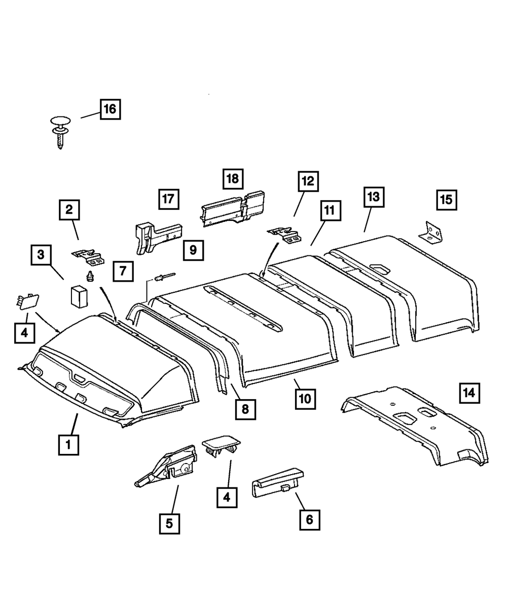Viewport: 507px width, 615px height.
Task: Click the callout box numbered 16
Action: [110, 108]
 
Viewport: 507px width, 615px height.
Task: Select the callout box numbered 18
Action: [232, 179]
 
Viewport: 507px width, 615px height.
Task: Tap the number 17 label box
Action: [169, 199]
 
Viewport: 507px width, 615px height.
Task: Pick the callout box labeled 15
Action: [446, 199]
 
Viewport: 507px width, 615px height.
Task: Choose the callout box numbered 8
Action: [245, 408]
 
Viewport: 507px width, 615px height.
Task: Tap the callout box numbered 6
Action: [310, 519]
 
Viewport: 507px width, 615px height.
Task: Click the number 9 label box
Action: [194, 250]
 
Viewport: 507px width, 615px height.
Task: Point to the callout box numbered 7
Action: [123, 271]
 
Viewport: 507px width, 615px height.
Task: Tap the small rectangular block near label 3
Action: [79, 296]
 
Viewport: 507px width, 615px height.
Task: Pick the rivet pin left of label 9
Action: [163, 276]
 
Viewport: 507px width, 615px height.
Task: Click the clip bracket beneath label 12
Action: [284, 234]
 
